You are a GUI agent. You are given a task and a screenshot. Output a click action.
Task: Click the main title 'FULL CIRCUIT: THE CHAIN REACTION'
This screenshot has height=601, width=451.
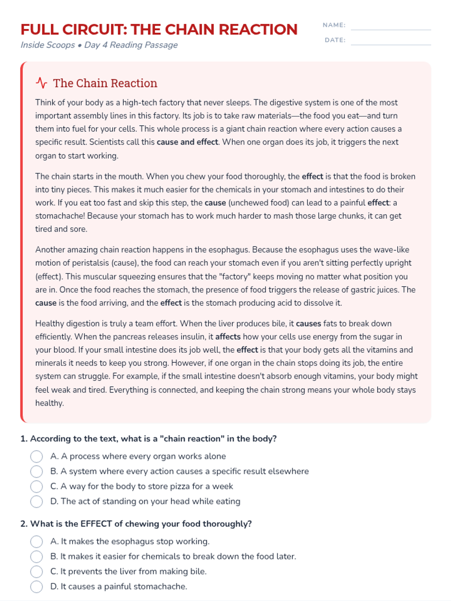159,30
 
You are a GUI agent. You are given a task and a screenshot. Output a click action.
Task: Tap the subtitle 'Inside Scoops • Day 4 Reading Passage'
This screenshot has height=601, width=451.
99,45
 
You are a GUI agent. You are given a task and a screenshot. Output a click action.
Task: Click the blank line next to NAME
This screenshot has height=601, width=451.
390,26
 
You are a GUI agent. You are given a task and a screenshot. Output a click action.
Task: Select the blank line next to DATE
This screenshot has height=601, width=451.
390,41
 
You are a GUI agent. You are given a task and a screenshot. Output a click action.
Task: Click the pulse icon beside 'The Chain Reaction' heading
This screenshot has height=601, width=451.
41,83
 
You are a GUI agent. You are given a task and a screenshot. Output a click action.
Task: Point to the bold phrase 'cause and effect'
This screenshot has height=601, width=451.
187,142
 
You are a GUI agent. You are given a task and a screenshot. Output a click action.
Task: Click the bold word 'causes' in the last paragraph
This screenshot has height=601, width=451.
309,323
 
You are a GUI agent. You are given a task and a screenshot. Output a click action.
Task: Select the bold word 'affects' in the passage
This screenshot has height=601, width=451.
228,337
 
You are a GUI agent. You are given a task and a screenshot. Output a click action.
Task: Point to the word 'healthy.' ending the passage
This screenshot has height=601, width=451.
50,403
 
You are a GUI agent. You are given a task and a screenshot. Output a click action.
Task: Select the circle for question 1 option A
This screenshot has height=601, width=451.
36,456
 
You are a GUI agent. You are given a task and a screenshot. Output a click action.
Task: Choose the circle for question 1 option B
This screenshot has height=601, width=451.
36,471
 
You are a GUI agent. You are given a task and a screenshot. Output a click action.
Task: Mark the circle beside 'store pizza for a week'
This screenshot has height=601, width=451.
36,486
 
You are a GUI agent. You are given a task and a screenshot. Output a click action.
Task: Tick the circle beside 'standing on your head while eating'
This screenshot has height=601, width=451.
36,501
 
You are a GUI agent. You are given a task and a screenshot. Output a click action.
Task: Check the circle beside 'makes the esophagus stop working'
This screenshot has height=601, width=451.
36,542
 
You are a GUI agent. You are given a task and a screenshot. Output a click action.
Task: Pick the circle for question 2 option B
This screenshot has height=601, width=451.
36,557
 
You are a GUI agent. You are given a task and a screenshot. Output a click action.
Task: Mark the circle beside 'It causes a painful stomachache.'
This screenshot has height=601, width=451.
36,587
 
